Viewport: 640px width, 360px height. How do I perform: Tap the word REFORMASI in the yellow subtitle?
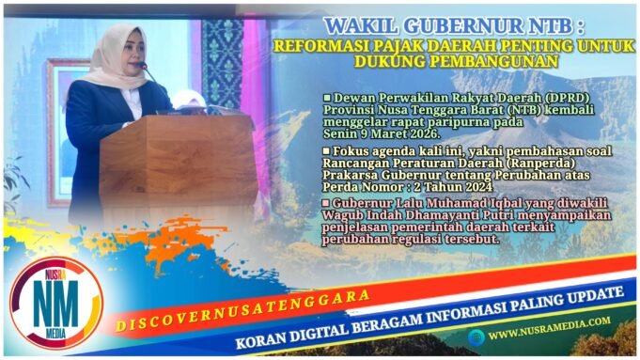pyautogui.click(x=307, y=46)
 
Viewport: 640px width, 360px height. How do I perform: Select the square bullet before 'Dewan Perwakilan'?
pyautogui.click(x=326, y=98)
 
